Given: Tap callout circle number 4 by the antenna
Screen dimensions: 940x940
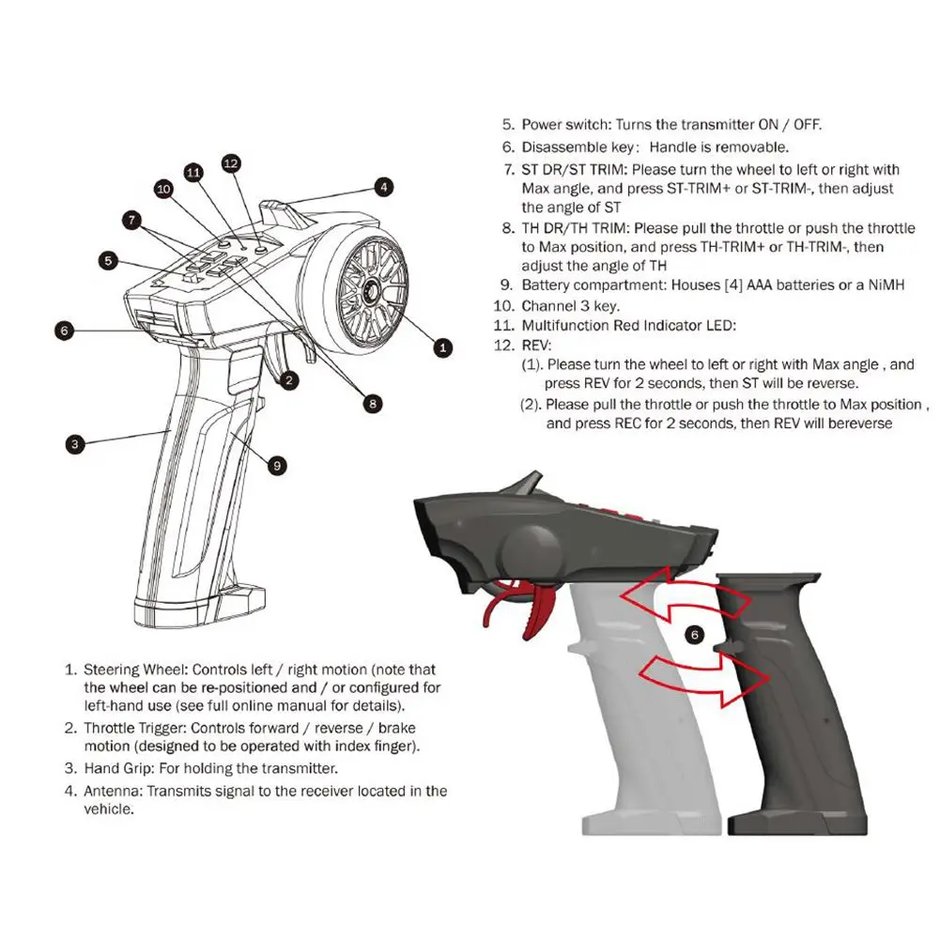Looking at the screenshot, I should (x=383, y=187).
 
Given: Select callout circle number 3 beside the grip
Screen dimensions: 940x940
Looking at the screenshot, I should (x=75, y=444).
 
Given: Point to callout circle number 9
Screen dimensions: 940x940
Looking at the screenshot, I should (x=276, y=464).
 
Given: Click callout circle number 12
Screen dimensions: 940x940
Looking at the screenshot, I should (x=232, y=162).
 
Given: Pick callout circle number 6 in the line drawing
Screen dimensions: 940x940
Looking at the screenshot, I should (x=64, y=330).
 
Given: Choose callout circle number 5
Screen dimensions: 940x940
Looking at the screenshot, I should (x=110, y=260).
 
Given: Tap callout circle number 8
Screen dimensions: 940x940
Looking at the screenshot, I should (x=372, y=403).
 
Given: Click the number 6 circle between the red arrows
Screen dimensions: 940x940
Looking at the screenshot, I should (x=695, y=635).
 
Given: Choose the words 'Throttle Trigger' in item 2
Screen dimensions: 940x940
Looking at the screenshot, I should (x=137, y=728).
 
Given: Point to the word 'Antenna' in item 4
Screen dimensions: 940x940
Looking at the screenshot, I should (x=111, y=791).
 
